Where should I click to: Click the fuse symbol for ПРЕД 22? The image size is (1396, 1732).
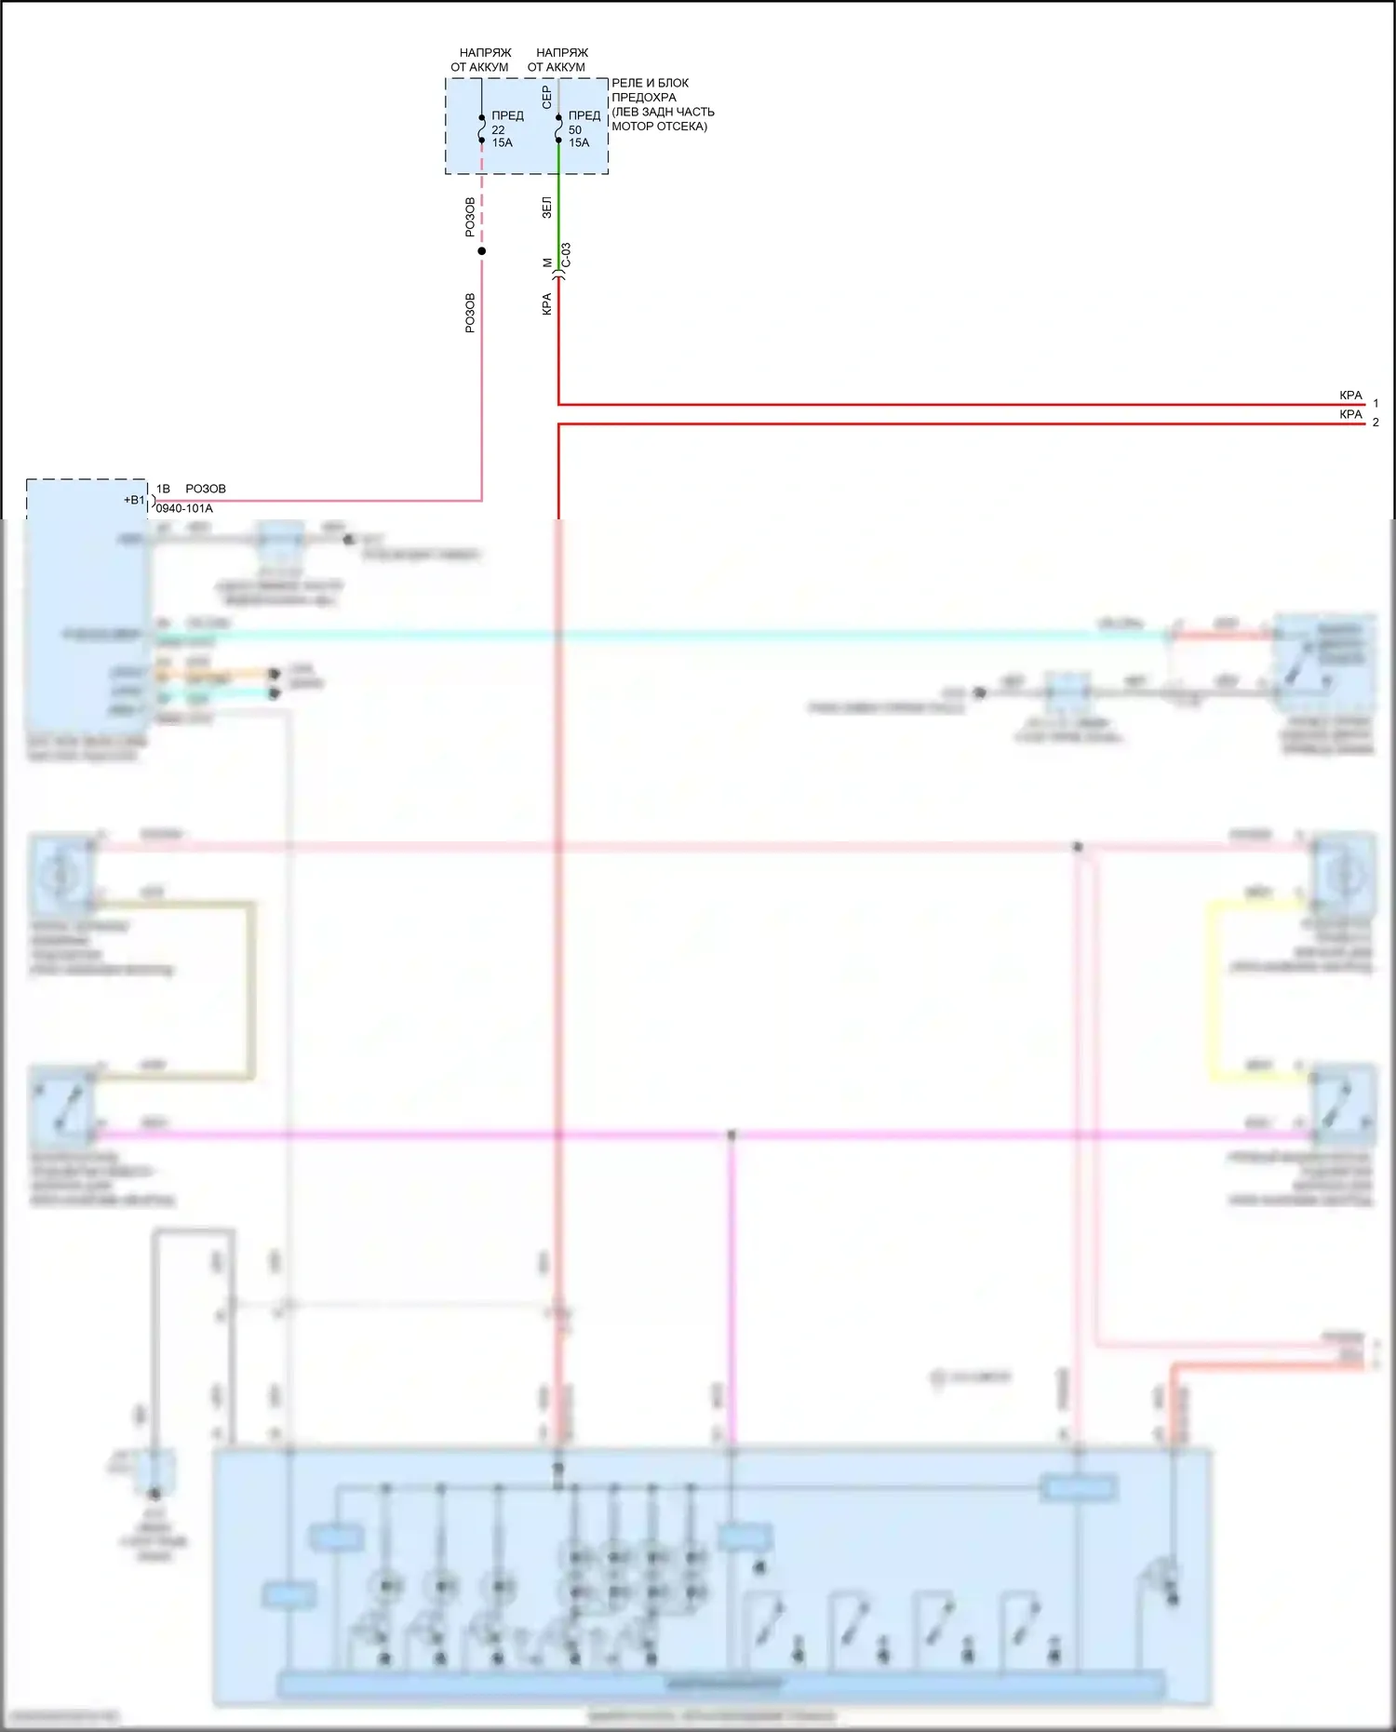coord(481,129)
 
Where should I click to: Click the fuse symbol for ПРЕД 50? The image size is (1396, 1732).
coord(558,129)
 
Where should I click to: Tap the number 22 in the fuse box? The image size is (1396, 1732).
coord(498,130)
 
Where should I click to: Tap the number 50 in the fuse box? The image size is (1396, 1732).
coord(575,130)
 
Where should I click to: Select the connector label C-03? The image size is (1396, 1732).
coord(567,256)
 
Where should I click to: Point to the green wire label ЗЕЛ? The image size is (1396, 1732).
coord(546,208)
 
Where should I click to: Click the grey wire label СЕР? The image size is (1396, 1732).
coord(546,96)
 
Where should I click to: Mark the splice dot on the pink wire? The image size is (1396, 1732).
coord(481,251)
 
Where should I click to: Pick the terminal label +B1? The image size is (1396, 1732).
coord(135,500)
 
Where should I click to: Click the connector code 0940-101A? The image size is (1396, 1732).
coord(184,509)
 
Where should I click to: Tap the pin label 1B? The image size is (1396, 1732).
coord(163,489)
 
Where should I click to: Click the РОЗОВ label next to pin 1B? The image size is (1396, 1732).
coord(206,489)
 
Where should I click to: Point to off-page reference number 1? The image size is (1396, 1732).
coord(1376,403)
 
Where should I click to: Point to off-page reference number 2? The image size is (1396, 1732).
coord(1376,423)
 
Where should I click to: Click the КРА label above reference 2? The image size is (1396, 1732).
coord(1350,414)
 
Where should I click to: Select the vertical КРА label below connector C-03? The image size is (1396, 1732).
coord(546,304)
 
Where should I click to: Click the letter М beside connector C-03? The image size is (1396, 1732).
coord(547,263)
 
